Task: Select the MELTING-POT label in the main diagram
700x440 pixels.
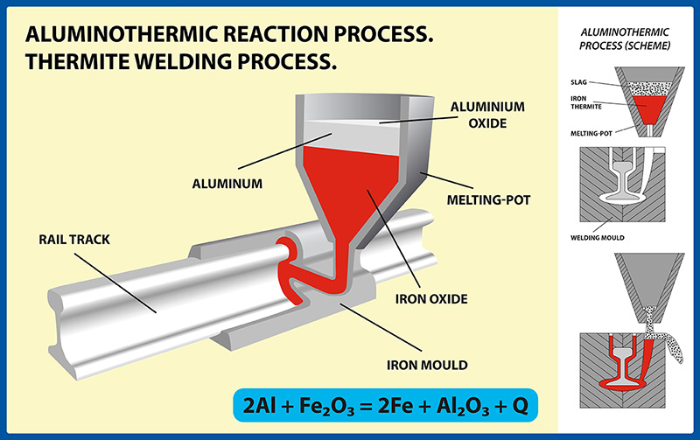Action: (x=492, y=200)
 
